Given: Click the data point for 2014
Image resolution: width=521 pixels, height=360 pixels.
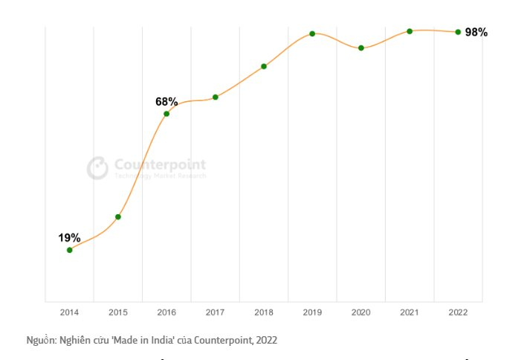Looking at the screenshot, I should [70, 250].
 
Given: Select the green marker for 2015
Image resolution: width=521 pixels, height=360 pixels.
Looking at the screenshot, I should [118, 216].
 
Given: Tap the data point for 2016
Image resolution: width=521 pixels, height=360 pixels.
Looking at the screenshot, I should [166, 114].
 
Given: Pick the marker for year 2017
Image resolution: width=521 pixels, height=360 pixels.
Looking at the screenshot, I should [216, 97].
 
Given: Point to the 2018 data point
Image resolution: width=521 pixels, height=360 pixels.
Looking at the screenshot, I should [264, 66].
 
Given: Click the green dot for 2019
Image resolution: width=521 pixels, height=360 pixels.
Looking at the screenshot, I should [312, 33].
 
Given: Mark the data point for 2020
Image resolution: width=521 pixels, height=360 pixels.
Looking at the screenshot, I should [361, 48].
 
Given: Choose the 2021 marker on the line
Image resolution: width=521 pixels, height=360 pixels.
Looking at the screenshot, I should [410, 31].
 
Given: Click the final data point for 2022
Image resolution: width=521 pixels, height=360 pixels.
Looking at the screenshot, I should [458, 32].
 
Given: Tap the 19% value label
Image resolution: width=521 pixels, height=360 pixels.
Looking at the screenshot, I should [70, 238].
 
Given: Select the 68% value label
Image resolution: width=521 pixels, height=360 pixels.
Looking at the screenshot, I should [166, 102].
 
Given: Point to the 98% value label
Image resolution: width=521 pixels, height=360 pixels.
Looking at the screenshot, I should [476, 32].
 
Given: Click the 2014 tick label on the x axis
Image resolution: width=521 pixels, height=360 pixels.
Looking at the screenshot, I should [70, 312].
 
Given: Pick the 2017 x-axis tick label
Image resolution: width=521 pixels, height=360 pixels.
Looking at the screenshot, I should [216, 312].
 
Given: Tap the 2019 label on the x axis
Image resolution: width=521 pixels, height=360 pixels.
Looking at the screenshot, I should [312, 312].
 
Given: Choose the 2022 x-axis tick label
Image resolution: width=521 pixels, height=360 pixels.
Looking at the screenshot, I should [458, 312].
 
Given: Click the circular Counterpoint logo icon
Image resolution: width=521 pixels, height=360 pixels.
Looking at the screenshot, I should [98, 167].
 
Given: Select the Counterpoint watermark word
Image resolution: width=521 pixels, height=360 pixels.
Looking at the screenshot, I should [160, 164].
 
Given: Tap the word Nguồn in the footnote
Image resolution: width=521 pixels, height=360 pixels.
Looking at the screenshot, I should [40, 340].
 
